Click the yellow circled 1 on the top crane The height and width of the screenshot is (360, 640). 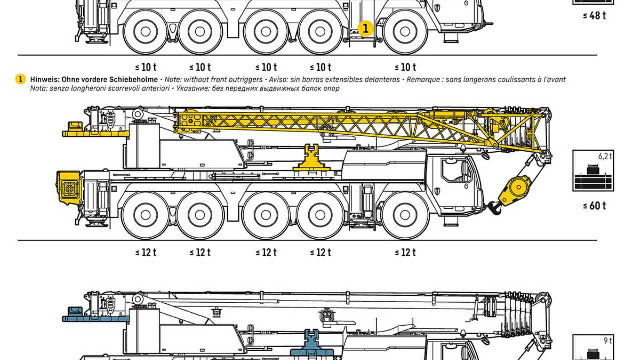(x=365, y=28)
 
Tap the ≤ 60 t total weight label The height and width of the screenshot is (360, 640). (x=594, y=206)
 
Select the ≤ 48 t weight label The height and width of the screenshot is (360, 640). (x=594, y=15)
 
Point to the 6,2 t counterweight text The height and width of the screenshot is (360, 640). (x=605, y=156)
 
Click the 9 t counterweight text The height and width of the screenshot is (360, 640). (x=608, y=341)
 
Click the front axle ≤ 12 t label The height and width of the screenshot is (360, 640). (x=405, y=252)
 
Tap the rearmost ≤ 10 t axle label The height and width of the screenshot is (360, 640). (x=146, y=67)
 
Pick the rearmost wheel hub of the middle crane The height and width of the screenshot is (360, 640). (x=145, y=215)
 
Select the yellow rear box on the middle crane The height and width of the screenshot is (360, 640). (x=69, y=188)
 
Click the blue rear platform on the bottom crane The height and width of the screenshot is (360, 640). (x=95, y=318)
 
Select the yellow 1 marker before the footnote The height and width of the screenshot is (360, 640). (x=20, y=79)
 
